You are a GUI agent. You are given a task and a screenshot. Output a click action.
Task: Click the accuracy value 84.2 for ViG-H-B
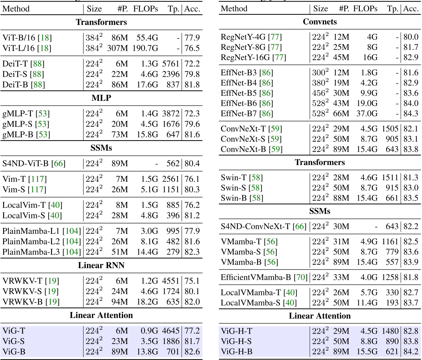(411, 352)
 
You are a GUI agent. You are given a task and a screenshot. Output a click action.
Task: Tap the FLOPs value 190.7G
(145, 48)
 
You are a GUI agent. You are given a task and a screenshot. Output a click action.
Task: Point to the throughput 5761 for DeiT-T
(171, 64)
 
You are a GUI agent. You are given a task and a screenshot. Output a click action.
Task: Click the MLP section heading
(101, 98)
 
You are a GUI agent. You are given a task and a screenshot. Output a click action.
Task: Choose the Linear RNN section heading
(101, 266)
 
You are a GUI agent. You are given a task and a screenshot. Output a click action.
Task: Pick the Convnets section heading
(320, 22)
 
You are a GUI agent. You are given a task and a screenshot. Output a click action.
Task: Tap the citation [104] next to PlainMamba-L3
(71, 252)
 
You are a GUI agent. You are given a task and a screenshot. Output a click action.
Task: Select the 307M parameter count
(118, 48)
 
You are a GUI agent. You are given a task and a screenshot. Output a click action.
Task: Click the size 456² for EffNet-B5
(320, 93)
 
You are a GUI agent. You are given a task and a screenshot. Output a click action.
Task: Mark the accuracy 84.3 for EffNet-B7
(411, 114)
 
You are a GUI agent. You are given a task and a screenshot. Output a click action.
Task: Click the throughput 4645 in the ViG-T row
(171, 331)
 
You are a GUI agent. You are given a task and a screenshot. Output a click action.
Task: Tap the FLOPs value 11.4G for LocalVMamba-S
(367, 303)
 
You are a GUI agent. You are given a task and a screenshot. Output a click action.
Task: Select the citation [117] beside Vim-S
(37, 190)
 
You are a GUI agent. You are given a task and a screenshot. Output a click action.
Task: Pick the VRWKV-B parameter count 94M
(120, 302)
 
